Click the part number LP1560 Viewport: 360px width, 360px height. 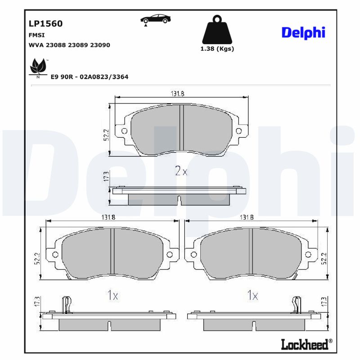coord(45,24)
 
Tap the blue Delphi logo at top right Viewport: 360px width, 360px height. coord(303,32)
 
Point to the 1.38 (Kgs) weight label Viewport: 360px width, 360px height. coord(217,49)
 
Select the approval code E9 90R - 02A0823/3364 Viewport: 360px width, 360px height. coord(90,77)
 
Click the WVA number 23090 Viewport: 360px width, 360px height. coord(100,45)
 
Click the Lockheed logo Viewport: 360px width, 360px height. coord(304,344)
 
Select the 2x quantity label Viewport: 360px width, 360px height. coord(180,171)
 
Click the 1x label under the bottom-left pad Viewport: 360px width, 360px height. coord(112,296)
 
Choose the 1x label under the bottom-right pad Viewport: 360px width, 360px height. coord(252,296)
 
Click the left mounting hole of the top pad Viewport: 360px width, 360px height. coord(124,131)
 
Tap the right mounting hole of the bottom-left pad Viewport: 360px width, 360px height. coord(170,255)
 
